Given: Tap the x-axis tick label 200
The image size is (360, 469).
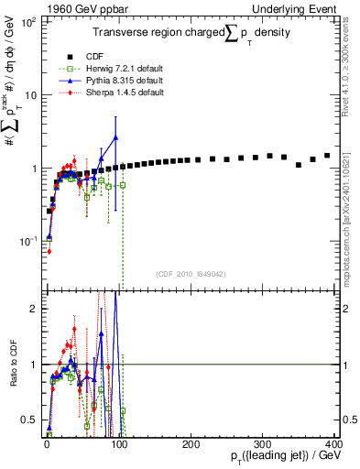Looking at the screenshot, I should pos(191,443).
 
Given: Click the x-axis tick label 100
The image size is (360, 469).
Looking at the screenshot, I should pos(119,443).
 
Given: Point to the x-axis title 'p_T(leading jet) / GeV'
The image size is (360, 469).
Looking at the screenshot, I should pos(286,456).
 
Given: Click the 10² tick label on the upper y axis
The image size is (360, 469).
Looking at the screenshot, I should pos(28,22).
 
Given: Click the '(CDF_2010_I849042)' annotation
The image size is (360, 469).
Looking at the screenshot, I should pos(191,272).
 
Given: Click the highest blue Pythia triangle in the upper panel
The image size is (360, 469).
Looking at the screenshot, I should pos(115,137).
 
